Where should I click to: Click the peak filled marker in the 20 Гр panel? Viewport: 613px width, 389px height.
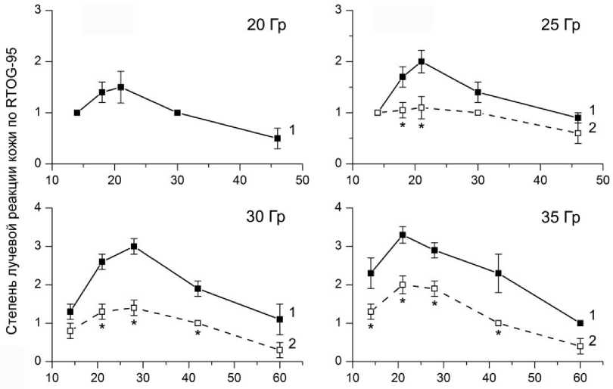(x=120, y=87)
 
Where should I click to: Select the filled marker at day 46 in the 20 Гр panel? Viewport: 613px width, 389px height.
(x=278, y=138)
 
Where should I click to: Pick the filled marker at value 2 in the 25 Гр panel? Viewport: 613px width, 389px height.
(x=422, y=61)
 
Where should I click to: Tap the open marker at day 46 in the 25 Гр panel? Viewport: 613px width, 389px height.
(x=578, y=133)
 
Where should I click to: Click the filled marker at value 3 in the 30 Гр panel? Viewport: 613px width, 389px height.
(x=134, y=246)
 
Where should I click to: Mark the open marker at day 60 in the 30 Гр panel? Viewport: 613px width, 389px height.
(x=279, y=350)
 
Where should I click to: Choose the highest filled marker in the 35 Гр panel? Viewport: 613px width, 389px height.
(x=403, y=235)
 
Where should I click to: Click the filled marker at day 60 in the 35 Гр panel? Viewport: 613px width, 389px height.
(x=580, y=323)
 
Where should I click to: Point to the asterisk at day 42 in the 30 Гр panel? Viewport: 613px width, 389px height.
(x=198, y=334)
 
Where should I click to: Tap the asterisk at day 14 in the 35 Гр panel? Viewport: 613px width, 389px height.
(x=371, y=327)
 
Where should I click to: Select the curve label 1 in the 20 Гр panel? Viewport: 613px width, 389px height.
(x=293, y=130)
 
